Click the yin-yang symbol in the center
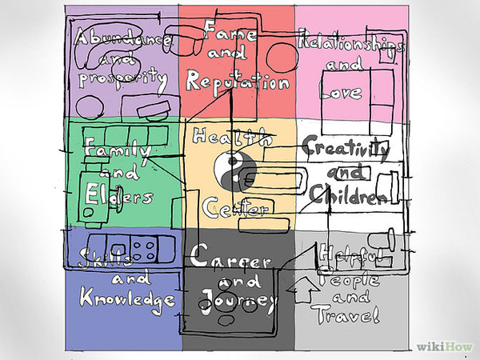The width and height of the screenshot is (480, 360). point(234,170)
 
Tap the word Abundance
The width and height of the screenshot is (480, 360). point(122,38)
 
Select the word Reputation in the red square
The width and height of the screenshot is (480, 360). point(238,82)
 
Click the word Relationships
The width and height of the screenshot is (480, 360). point(351,43)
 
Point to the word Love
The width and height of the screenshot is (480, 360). point(341,92)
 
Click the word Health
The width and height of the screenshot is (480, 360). point(233,136)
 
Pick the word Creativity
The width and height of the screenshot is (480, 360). point(346,147)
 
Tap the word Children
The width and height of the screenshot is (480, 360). point(348,194)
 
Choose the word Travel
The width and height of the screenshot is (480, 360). point(348,314)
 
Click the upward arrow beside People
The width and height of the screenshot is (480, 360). point(302,290)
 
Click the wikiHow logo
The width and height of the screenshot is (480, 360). point(445,347)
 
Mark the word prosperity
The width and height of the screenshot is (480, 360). point(123,80)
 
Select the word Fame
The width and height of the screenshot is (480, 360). point(230,31)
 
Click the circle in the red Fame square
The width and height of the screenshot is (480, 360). point(282,58)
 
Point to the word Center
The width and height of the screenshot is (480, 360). point(236,207)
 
